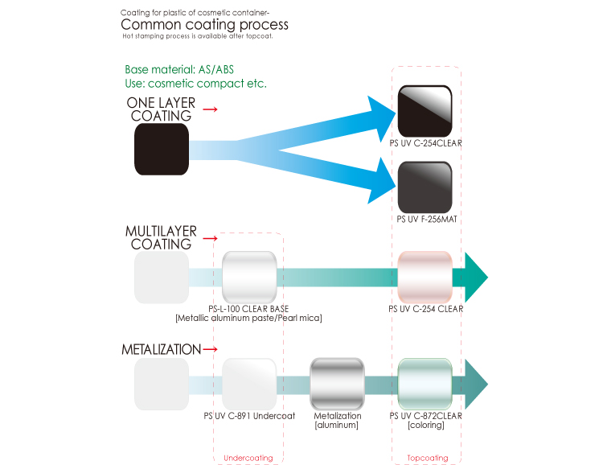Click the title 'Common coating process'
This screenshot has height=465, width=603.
point(204,25)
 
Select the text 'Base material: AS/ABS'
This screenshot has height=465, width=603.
point(179,70)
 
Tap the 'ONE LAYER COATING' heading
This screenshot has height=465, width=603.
point(161,109)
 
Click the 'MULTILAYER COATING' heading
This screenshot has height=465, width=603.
point(161,237)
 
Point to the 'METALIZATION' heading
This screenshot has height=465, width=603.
point(161,350)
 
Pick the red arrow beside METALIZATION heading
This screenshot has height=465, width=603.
point(211,350)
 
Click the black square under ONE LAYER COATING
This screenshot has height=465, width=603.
point(162,149)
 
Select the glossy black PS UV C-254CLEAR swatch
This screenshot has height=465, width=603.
point(425,111)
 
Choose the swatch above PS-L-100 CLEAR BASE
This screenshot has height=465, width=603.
point(249,277)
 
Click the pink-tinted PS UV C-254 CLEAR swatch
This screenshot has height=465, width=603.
point(425,277)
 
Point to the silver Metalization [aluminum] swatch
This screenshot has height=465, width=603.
point(338,384)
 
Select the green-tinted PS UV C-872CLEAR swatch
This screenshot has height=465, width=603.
point(425,384)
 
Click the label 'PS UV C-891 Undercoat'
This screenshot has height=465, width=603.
point(249,416)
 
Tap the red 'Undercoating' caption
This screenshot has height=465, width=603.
point(248,458)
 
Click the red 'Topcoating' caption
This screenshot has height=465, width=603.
point(428,458)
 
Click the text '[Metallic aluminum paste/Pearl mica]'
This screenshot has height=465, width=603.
point(248,319)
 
